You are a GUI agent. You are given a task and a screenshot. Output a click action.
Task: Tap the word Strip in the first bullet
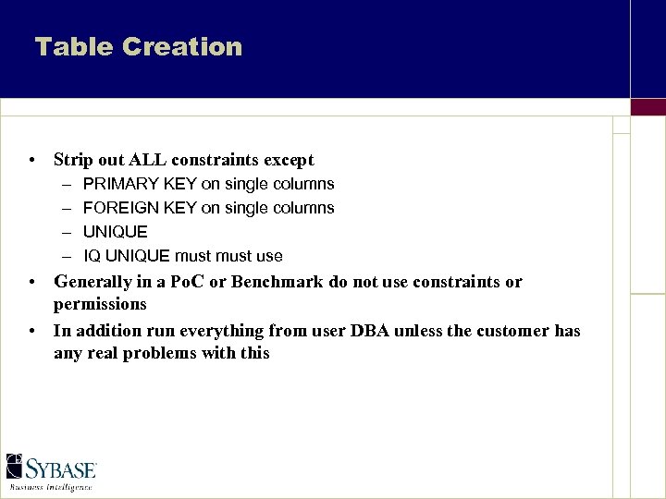click(73, 160)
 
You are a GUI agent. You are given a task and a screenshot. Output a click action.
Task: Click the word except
click(284, 160)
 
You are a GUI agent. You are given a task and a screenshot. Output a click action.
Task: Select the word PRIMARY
click(117, 184)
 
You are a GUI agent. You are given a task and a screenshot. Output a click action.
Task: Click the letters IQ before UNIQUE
click(92, 256)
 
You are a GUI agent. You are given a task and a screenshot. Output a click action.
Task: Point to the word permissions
click(100, 304)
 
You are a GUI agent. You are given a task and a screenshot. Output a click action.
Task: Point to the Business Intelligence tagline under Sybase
click(52, 486)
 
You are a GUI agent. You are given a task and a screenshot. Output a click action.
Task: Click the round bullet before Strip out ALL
click(32, 161)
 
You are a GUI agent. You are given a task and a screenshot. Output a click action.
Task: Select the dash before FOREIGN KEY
click(68, 208)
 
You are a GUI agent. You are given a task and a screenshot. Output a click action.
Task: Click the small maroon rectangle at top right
click(647, 107)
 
